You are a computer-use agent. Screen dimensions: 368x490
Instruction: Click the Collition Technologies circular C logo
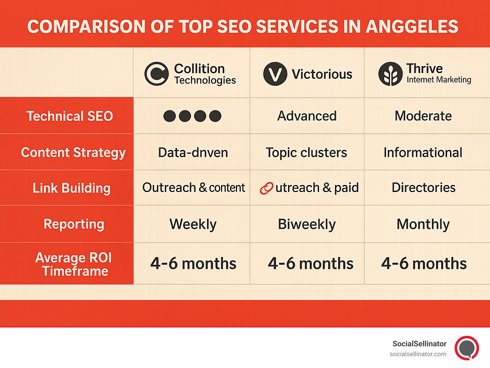point(156,74)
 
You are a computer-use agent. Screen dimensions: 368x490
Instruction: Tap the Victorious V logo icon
point(275,74)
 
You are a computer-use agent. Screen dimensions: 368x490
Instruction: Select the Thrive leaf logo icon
point(390,74)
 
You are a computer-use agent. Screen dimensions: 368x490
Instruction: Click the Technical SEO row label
point(70,116)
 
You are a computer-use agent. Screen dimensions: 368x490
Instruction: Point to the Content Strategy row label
point(73,152)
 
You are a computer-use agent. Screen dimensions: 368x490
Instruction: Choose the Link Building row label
point(71,188)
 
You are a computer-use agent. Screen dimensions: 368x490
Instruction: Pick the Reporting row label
point(74,224)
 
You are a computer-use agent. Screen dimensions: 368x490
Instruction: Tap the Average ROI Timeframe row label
point(74,264)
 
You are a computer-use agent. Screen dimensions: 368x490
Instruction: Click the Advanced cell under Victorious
point(307,116)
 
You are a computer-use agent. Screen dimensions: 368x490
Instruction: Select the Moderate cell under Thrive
point(423,116)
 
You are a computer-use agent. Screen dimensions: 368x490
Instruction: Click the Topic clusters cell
point(306,153)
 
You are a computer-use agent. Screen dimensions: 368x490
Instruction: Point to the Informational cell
point(423,153)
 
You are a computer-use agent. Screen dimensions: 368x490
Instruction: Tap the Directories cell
point(424,188)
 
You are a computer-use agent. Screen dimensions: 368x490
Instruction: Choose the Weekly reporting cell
point(193,224)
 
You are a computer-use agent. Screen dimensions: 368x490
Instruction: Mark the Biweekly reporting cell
point(307,224)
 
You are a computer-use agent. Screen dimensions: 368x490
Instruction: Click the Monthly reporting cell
point(423,224)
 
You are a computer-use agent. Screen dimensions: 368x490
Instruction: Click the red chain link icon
point(266,188)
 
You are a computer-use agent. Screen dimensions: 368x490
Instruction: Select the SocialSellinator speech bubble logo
point(467,348)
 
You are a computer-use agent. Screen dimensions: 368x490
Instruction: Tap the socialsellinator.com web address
point(418,354)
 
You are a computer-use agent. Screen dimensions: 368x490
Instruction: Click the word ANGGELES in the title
point(412,26)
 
